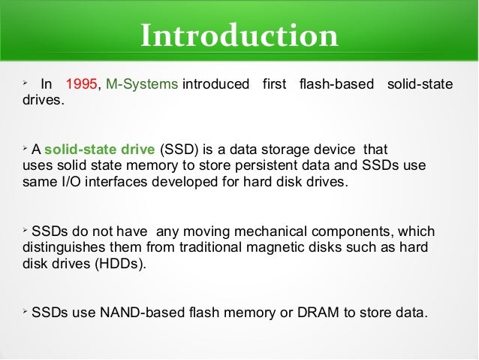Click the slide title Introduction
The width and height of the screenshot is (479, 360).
click(239, 35)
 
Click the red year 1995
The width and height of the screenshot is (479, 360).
click(81, 84)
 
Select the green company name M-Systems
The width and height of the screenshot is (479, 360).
click(142, 84)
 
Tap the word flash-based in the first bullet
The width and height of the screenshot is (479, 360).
click(336, 84)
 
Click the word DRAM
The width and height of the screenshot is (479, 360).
click(316, 310)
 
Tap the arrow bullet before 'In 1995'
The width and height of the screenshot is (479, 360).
click(25, 83)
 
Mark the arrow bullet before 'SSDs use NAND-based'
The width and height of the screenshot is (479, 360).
click(25, 309)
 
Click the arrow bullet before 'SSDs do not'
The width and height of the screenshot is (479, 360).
click(25, 228)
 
